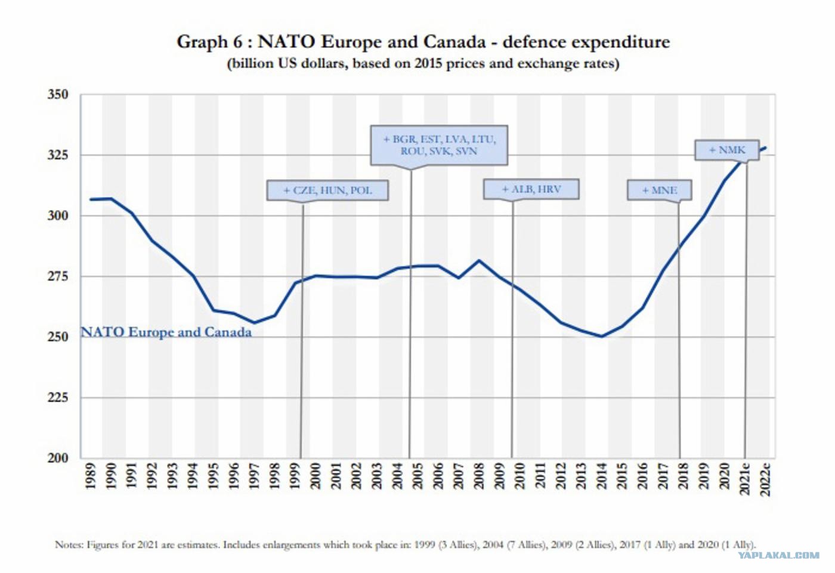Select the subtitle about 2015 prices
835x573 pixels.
[423, 63]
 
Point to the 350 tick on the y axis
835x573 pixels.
[58, 94]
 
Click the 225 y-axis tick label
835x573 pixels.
[58, 398]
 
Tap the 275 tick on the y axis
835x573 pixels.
[58, 276]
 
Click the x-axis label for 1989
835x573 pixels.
[91, 476]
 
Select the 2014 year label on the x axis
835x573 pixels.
[601, 476]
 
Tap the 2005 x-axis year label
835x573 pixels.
[417, 476]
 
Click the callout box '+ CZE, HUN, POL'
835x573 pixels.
[327, 190]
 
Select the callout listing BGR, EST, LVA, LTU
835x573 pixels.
[439, 145]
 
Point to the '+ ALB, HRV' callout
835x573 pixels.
[531, 189]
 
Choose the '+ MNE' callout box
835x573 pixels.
[659, 190]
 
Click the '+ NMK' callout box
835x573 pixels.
[726, 150]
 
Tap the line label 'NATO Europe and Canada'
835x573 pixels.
[166, 332]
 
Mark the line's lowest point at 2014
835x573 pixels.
[602, 336]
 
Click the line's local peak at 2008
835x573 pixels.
[478, 261]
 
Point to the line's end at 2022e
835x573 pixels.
[765, 148]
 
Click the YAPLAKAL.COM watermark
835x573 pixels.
[778, 555]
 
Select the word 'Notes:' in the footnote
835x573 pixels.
[69, 544]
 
